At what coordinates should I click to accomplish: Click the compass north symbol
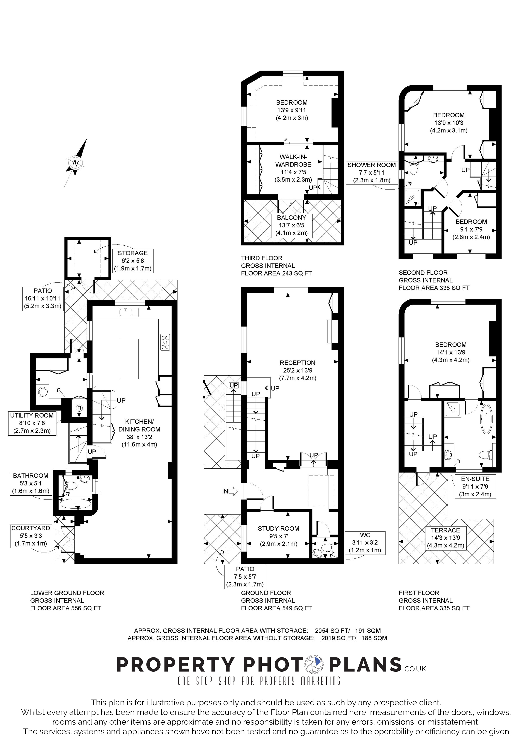pos(76,163)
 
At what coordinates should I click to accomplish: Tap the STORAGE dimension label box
pos(133,261)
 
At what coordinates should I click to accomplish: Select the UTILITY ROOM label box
pos(32,423)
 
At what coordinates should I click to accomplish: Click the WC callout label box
pos(365,543)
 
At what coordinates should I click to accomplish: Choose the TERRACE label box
pos(446,538)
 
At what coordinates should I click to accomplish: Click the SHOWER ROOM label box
pos(372,172)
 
